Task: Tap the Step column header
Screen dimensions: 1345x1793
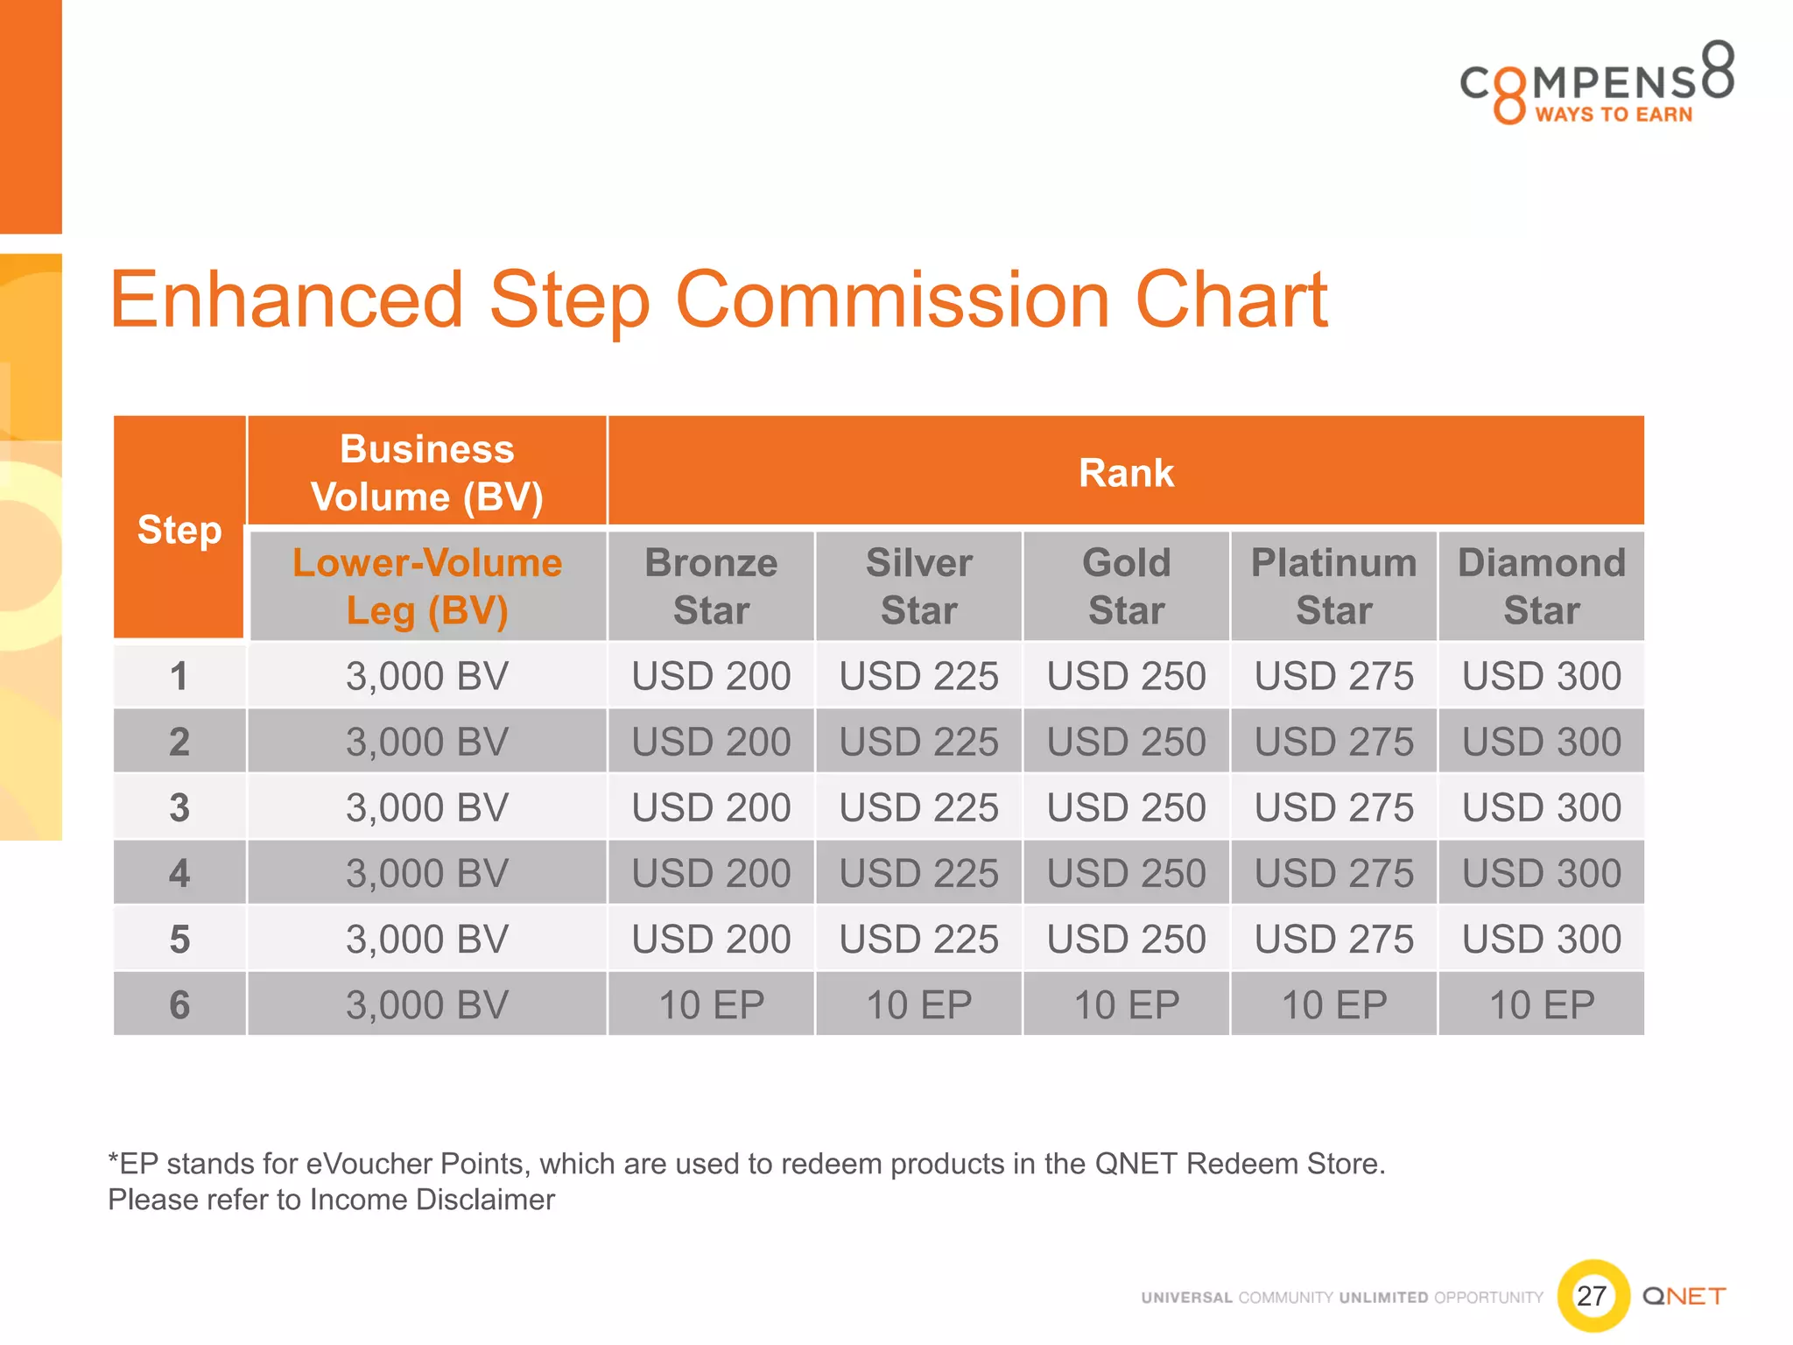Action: pos(179,529)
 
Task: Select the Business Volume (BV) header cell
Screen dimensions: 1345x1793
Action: pos(427,473)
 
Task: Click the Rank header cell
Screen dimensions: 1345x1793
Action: pos(1126,473)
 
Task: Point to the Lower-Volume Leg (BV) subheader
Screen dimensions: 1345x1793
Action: pos(427,586)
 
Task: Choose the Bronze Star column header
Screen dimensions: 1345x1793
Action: pos(711,586)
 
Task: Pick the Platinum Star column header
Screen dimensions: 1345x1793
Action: pos(1333,586)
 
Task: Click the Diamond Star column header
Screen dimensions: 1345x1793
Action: pos(1541,586)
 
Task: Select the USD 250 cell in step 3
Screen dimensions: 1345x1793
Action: pos(1126,806)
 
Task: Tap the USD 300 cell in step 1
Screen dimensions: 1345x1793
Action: pos(1541,675)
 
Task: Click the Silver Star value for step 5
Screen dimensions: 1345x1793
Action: pos(918,939)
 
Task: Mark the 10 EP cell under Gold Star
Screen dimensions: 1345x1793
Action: pos(1126,1004)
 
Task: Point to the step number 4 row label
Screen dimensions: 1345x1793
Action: pos(179,873)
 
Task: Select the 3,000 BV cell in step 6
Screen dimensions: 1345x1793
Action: pos(427,1004)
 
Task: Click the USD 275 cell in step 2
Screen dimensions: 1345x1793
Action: pos(1333,742)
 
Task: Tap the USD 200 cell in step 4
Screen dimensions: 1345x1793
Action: pos(711,873)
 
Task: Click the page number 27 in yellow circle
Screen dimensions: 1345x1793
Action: pos(1592,1295)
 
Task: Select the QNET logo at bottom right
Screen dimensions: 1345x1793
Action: pos(1684,1296)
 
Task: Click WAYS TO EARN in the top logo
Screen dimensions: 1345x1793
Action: pos(1614,115)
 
